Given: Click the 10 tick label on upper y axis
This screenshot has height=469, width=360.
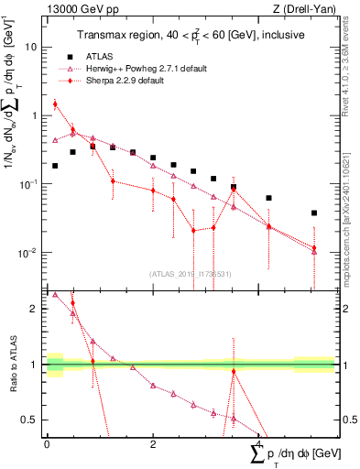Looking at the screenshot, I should tap(32, 47).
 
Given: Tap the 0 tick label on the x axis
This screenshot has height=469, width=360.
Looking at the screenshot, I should tap(47, 443).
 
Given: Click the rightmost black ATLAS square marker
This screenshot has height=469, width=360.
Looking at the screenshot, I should tap(314, 213).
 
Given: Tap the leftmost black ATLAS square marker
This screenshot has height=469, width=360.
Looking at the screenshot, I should tap(55, 166).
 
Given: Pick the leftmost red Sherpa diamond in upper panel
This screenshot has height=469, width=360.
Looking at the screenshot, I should tap(55, 104).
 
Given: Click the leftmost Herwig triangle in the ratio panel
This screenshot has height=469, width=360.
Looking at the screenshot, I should tap(55, 295).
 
